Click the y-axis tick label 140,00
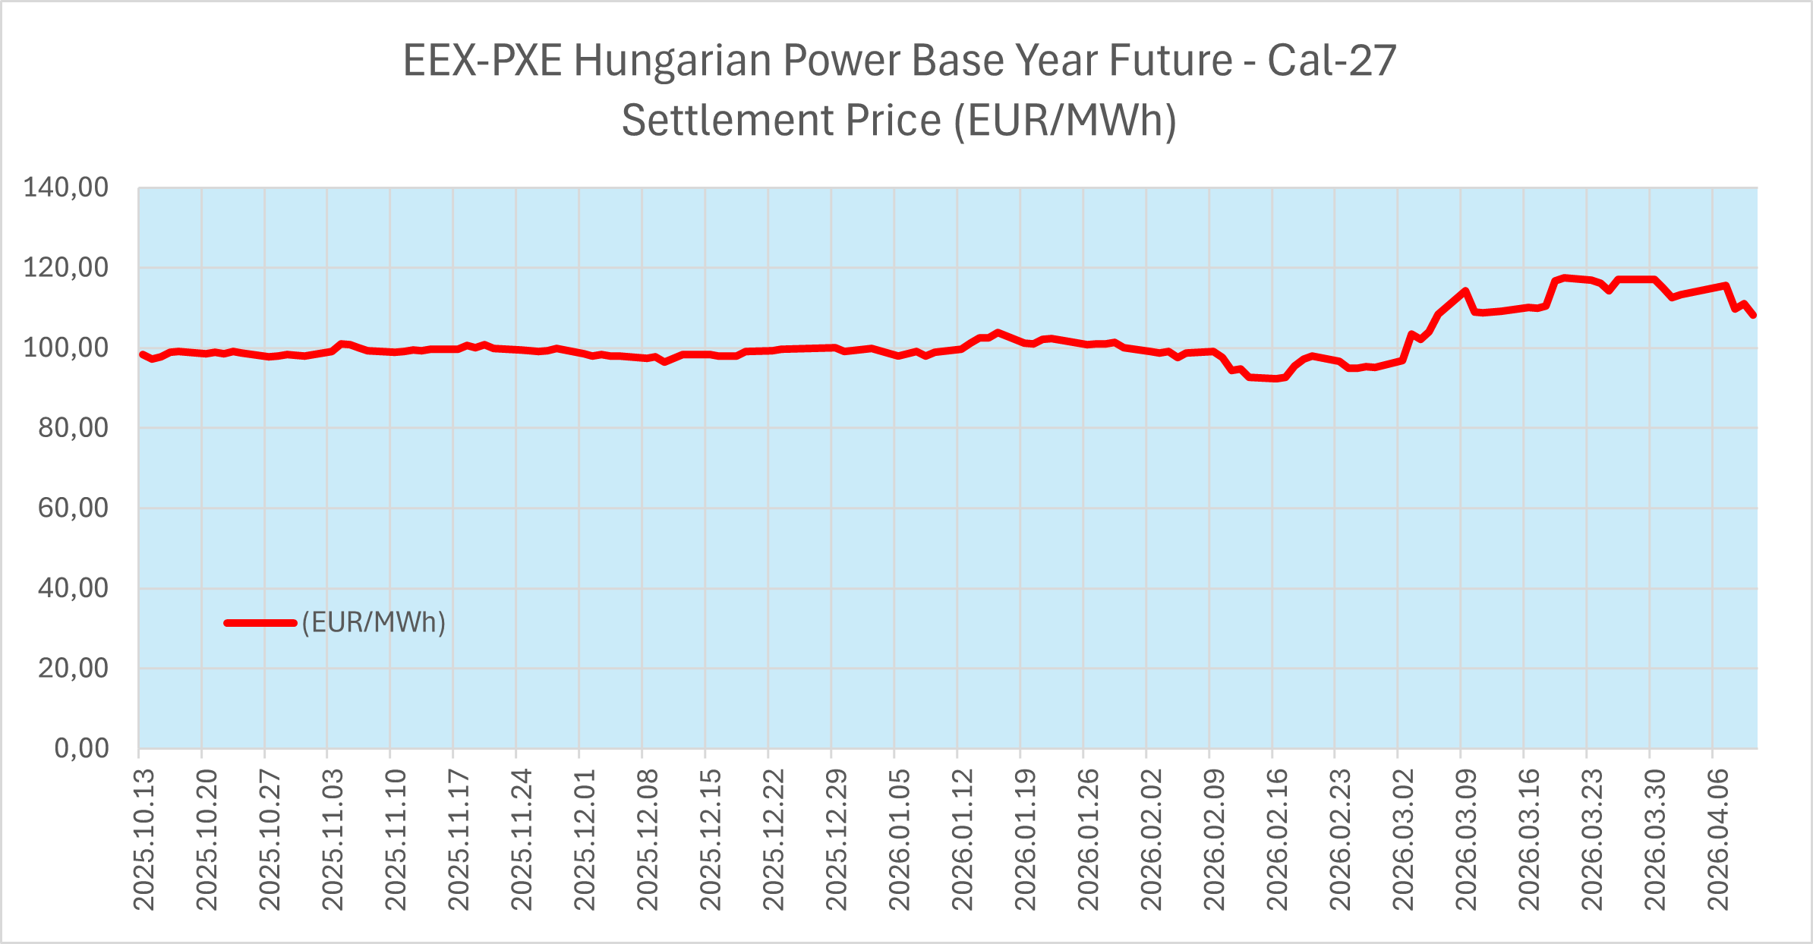pos(66,187)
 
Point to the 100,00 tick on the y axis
pos(66,348)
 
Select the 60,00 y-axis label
pos(74,508)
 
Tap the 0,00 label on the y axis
pos(81,749)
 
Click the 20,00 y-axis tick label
pos(74,669)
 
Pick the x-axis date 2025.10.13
pos(143,839)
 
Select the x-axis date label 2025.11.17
pos(459,839)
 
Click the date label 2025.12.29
pos(836,839)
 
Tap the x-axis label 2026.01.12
pos(962,839)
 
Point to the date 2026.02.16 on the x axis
pos(1277,839)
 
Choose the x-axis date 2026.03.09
pos(1466,839)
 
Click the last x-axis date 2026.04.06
pos(1718,839)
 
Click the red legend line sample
pos(260,623)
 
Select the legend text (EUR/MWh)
pos(374,623)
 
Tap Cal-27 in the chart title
pos(1332,61)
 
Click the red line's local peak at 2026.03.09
pos(1465,291)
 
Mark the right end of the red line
pos(1754,315)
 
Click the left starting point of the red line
pos(142,354)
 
